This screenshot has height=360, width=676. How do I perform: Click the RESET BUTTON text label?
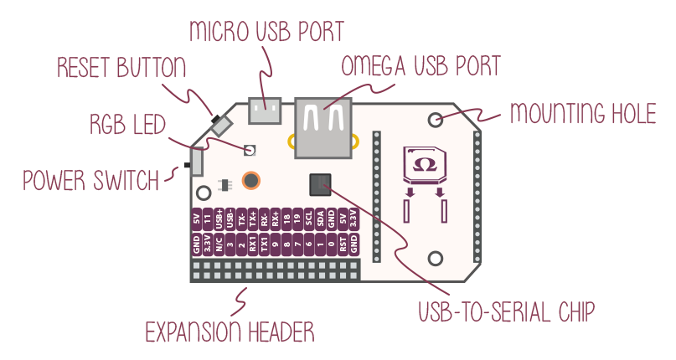coord(121,68)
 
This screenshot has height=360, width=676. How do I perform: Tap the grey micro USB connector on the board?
coord(267,106)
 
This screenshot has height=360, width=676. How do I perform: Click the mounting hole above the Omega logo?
coord(436,120)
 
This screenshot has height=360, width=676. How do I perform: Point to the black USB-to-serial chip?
coord(320,184)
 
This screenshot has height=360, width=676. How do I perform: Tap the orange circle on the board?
coord(250,179)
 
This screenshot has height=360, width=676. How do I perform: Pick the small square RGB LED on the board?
coord(249,150)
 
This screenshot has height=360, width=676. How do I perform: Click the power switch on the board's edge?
coord(196,161)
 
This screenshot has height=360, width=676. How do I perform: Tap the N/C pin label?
coord(219,245)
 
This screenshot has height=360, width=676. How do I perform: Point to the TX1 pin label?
coord(264,245)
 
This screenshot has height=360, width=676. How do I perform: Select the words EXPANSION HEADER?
coord(230,332)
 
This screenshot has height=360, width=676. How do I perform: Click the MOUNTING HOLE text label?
coord(582,113)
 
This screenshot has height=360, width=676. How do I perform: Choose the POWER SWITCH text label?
coord(90,180)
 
